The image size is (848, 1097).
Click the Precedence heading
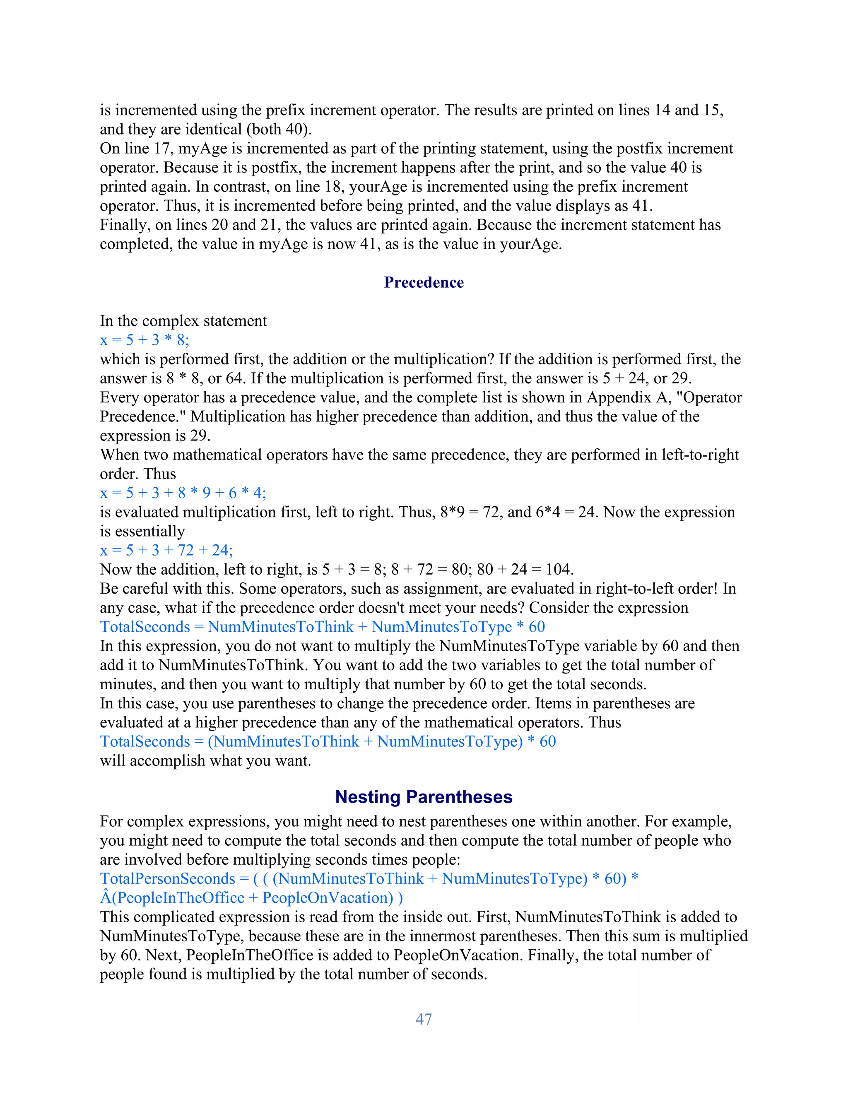click(x=424, y=282)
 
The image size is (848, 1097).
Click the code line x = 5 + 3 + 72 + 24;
click(x=166, y=550)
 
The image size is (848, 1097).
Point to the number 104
click(x=559, y=569)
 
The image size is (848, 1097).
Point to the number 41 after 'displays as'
click(x=641, y=205)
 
